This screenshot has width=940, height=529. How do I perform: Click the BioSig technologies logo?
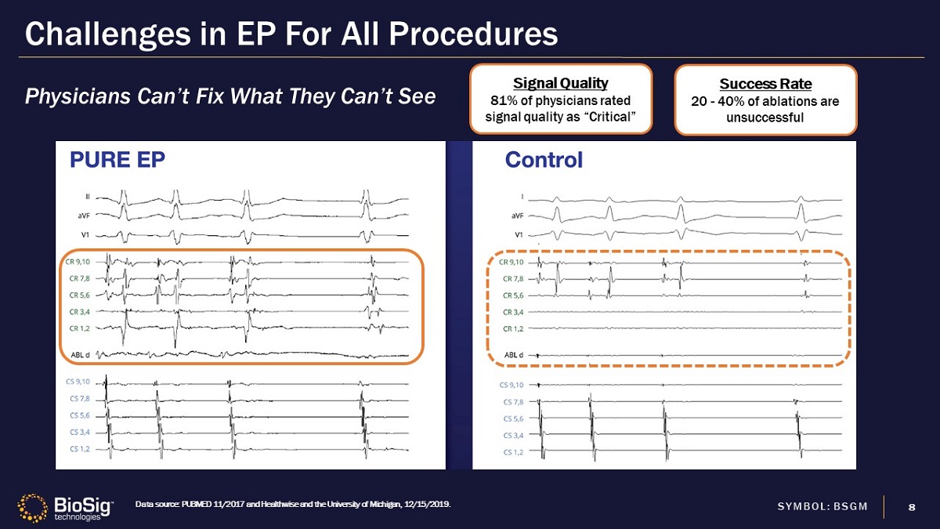[66, 507]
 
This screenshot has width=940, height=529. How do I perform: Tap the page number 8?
[911, 506]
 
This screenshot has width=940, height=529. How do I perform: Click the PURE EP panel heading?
[117, 160]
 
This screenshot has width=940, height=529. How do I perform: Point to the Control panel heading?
[544, 160]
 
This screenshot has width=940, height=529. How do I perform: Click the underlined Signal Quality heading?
[560, 82]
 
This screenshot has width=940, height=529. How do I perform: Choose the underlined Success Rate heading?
[765, 84]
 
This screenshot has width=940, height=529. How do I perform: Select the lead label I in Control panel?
[522, 197]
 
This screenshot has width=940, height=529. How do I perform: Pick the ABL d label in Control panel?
[513, 354]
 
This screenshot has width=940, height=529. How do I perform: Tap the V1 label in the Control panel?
[519, 234]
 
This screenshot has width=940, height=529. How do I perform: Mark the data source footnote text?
[293, 504]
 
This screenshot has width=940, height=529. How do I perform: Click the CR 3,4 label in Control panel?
[513, 312]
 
